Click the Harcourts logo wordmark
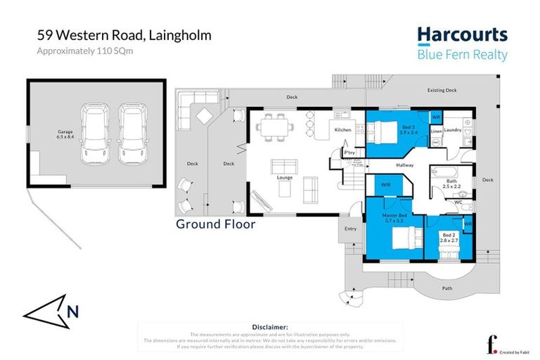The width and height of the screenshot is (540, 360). click(x=462, y=36)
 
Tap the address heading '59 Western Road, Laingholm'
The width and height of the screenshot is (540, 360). click(x=124, y=35)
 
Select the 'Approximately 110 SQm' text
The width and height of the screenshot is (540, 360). click(x=84, y=51)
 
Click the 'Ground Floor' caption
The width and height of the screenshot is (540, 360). click(x=215, y=224)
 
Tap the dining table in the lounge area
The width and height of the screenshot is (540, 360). click(x=273, y=127)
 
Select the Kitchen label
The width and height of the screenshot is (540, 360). click(x=342, y=130)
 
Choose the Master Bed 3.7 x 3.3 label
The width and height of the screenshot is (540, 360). click(x=394, y=217)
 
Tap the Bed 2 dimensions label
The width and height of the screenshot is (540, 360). click(x=449, y=237)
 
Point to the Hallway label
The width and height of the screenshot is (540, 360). click(x=404, y=165)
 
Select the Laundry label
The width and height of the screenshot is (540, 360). click(x=452, y=130)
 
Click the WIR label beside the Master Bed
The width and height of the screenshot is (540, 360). click(x=386, y=184)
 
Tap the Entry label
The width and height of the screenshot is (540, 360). click(x=350, y=229)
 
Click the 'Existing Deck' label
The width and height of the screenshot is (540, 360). click(x=442, y=90)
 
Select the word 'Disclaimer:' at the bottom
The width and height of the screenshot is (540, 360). click(x=269, y=327)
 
